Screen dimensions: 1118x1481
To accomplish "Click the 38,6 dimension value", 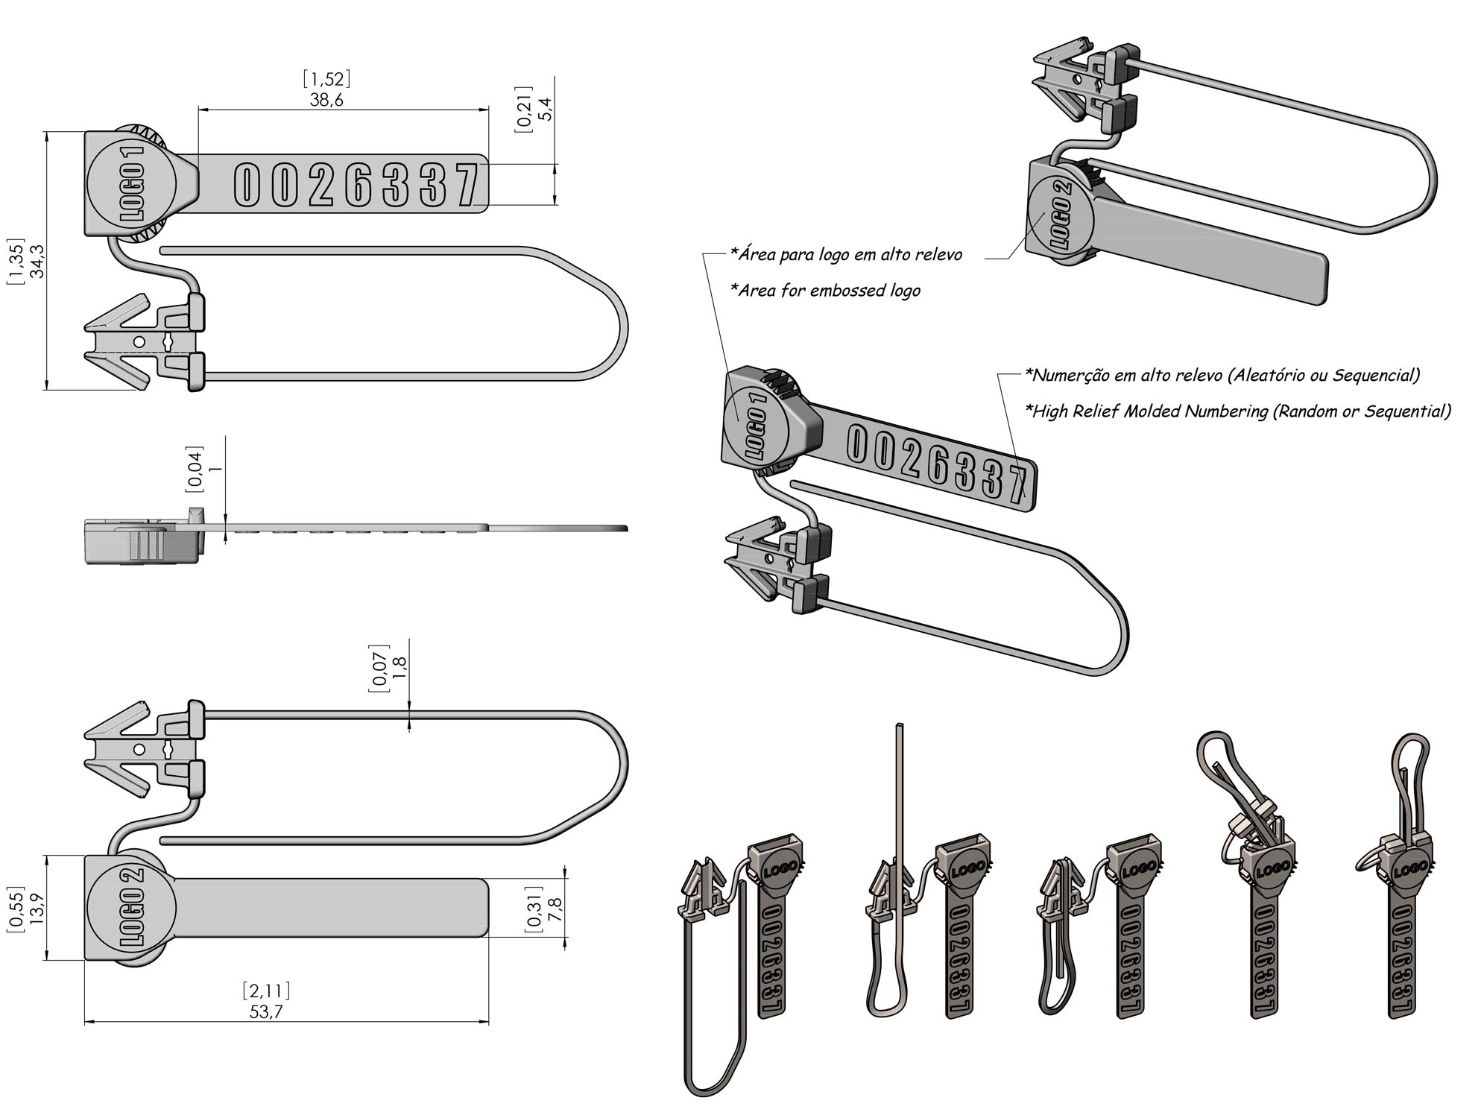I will pyautogui.click(x=326, y=100).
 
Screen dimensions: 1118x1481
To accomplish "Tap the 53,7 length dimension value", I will pyautogui.click(x=266, y=1011).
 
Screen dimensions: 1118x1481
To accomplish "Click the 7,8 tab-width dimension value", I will pyautogui.click(x=554, y=910).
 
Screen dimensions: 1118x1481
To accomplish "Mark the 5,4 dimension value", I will pyautogui.click(x=546, y=110).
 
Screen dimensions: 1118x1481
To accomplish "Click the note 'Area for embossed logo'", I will pyautogui.click(x=825, y=291).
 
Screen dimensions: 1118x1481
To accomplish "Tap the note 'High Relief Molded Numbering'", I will pyautogui.click(x=1238, y=411).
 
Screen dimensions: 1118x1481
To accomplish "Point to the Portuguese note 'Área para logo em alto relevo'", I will pyautogui.click(x=846, y=255).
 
